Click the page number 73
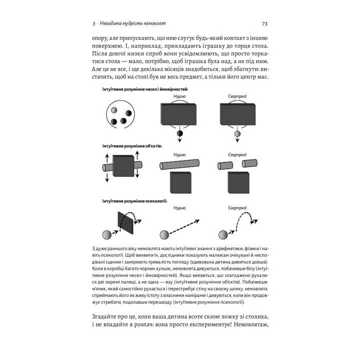tap(265, 23)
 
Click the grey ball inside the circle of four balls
tap(114, 109)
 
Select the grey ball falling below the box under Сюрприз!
tap(238, 134)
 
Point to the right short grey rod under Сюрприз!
tap(249, 163)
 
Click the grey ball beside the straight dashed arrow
tap(164, 235)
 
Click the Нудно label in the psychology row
tap(180, 206)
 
